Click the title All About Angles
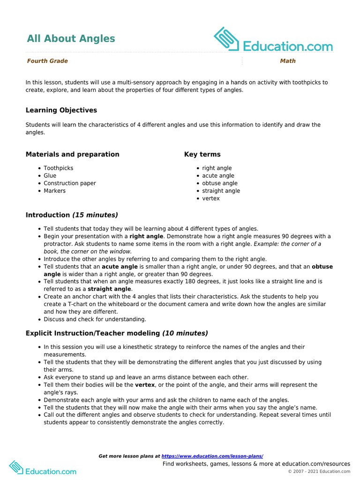tap(71, 38)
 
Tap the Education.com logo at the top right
tap(273, 40)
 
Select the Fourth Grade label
tap(47, 61)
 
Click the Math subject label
tap(288, 61)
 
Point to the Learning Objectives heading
tap(61, 110)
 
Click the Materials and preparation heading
tap(72, 154)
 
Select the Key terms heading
tap(202, 154)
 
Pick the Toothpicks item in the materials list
tap(59, 168)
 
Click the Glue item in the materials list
tap(50, 176)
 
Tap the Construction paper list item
tap(70, 183)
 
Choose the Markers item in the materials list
tap(55, 191)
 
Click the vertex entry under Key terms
tap(211, 198)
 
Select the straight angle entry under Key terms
tap(221, 191)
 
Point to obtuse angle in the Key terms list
tap(220, 183)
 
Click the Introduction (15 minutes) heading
tap(72, 215)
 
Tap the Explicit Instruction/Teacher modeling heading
tap(117, 333)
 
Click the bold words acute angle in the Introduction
tap(120, 267)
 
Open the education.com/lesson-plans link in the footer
tap(212, 456)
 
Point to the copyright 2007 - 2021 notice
tap(319, 472)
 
